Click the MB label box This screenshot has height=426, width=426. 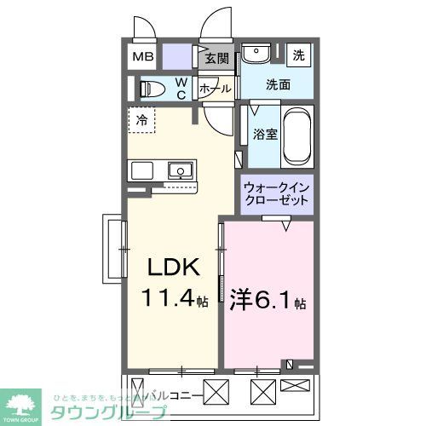tap(142, 58)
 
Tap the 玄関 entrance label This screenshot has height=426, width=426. tap(217, 58)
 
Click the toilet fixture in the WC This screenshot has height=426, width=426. tap(154, 88)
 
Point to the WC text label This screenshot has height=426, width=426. tap(182, 89)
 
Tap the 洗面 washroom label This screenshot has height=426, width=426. tap(278, 84)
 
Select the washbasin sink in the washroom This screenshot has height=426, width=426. tap(255, 56)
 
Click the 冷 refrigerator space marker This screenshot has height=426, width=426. tap(143, 120)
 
